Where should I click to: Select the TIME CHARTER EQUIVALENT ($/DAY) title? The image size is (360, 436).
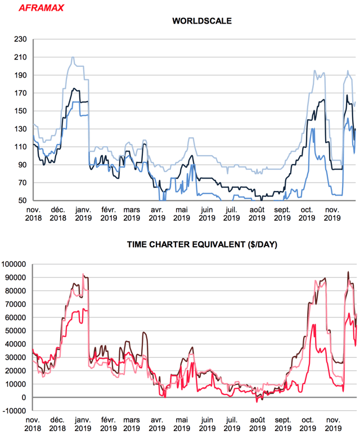point(201,245)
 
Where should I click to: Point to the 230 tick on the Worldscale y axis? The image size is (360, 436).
point(20,39)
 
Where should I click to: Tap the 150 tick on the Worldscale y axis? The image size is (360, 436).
point(20,111)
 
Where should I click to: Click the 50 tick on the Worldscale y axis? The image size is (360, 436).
point(22,201)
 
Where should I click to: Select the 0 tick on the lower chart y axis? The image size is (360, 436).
point(25,398)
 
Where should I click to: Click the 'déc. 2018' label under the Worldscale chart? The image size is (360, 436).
point(58,214)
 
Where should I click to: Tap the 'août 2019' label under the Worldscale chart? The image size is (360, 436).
point(256,214)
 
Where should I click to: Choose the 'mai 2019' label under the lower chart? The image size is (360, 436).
point(182,424)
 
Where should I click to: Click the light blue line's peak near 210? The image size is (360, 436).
point(73,57)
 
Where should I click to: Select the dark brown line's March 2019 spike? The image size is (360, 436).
point(144,333)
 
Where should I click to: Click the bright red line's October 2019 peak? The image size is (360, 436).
point(313,324)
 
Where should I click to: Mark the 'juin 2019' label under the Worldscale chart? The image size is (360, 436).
point(206,214)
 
